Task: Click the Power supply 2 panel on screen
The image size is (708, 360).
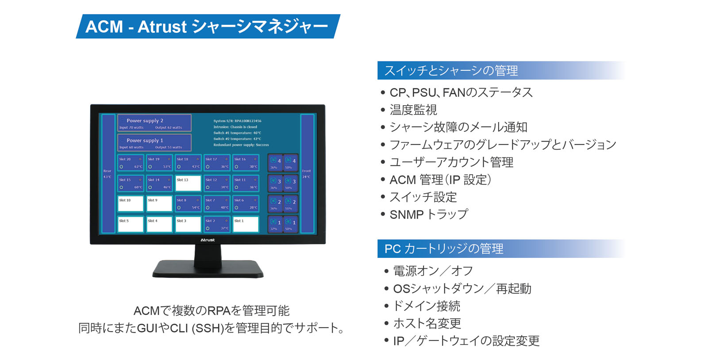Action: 154,123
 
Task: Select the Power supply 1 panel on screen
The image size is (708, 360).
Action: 154,142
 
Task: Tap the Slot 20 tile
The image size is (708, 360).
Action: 131,163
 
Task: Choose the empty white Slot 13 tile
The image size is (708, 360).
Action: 188,183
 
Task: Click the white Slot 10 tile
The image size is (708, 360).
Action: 131,203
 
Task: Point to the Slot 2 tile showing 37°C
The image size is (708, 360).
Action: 217,224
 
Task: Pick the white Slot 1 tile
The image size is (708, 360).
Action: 246,224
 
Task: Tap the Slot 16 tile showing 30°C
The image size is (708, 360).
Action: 246,163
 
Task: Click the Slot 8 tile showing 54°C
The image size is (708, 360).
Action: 188,203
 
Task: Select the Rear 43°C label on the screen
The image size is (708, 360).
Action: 108,174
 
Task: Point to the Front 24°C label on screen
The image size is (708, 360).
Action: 306,174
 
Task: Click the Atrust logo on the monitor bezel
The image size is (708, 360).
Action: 208,240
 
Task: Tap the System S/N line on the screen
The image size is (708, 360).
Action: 237,121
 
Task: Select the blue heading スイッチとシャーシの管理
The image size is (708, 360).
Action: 451,71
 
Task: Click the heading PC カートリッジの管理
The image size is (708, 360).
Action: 444,249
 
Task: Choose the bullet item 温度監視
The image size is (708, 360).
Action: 413,110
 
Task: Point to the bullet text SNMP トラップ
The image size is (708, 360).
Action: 428,214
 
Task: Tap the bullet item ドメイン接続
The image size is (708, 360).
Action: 427,306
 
